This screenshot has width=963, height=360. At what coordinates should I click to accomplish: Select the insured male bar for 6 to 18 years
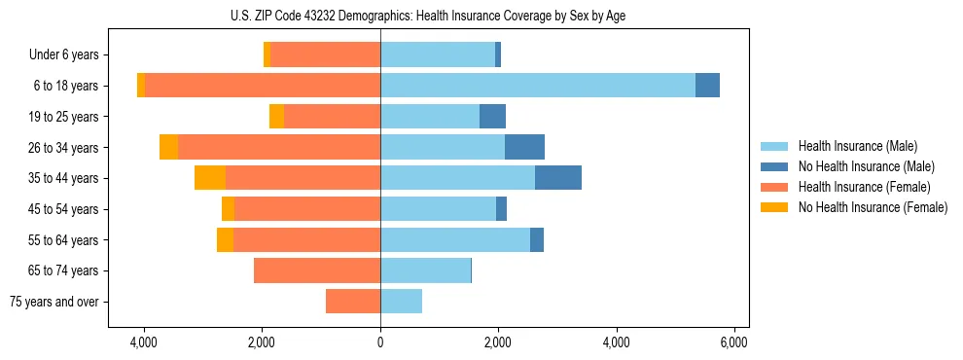[x=537, y=86]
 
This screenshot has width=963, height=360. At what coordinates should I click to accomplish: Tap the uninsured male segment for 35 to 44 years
[x=558, y=178]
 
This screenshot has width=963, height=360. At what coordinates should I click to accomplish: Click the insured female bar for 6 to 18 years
[x=262, y=86]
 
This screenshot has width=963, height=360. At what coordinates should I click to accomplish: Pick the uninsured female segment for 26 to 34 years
[x=168, y=147]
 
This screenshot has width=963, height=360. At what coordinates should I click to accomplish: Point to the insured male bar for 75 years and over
[x=401, y=302]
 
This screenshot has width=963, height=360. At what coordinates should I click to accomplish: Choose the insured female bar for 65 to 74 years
[x=317, y=270]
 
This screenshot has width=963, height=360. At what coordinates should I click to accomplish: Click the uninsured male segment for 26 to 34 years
[x=524, y=147]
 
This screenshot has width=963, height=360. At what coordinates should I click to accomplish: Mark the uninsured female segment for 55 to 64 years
[x=225, y=239]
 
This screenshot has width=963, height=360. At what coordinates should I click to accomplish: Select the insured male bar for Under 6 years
[x=438, y=55]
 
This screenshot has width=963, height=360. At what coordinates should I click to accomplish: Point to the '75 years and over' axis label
[x=54, y=302]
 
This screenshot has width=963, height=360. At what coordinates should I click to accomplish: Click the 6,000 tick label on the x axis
[x=733, y=343]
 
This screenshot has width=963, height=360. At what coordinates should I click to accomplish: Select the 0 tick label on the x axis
[x=380, y=343]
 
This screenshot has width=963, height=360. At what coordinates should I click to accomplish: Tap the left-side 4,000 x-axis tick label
[x=144, y=343]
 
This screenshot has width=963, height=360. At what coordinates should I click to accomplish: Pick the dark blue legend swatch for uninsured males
[x=774, y=166]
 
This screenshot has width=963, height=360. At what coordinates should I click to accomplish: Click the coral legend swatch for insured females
[x=774, y=187]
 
